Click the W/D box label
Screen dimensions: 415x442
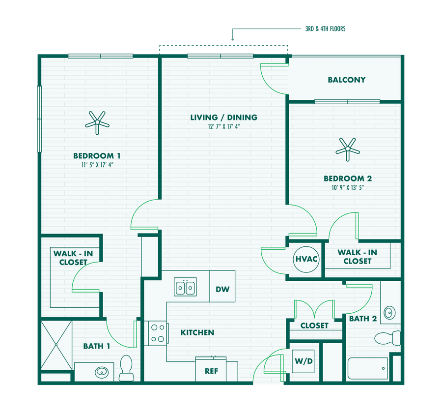304,361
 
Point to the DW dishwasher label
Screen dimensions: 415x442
222,289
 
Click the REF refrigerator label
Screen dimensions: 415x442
211,371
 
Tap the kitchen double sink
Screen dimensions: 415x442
186,287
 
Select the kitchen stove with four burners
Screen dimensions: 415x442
157,332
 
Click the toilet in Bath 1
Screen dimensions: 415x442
127,368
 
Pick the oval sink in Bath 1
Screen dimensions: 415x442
102,371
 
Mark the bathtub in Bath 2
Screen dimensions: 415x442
367,368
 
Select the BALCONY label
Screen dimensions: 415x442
347,80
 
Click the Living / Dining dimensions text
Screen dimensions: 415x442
223,127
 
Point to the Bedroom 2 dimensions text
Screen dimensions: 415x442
344,187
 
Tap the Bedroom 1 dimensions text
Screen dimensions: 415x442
97,165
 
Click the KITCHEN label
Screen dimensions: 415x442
197,333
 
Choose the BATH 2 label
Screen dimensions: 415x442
363,319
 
